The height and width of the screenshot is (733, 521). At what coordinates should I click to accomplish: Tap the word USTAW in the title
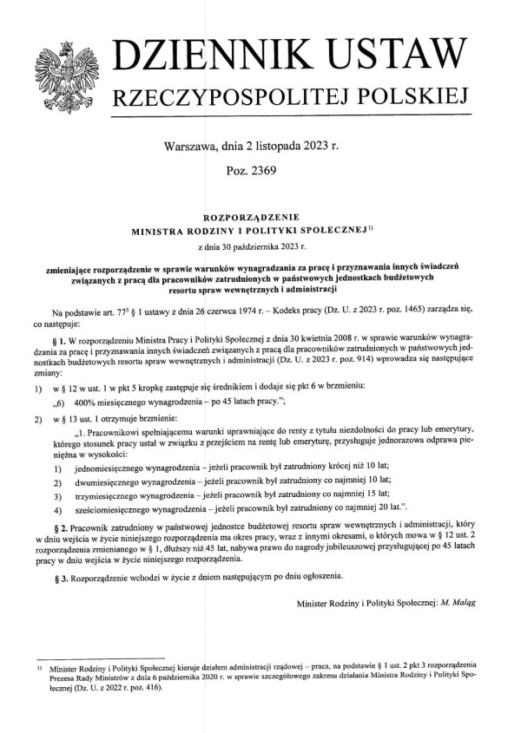(401, 55)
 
